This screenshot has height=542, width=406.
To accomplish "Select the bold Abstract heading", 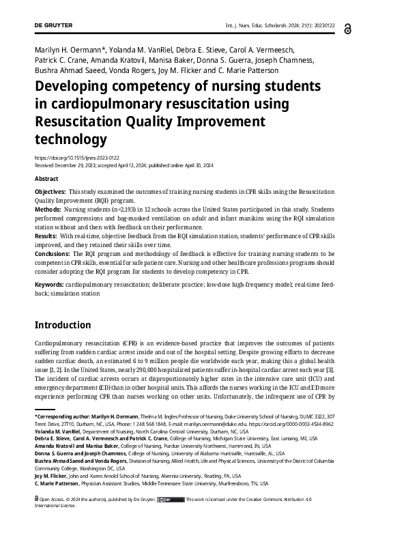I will (x=46, y=178).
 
